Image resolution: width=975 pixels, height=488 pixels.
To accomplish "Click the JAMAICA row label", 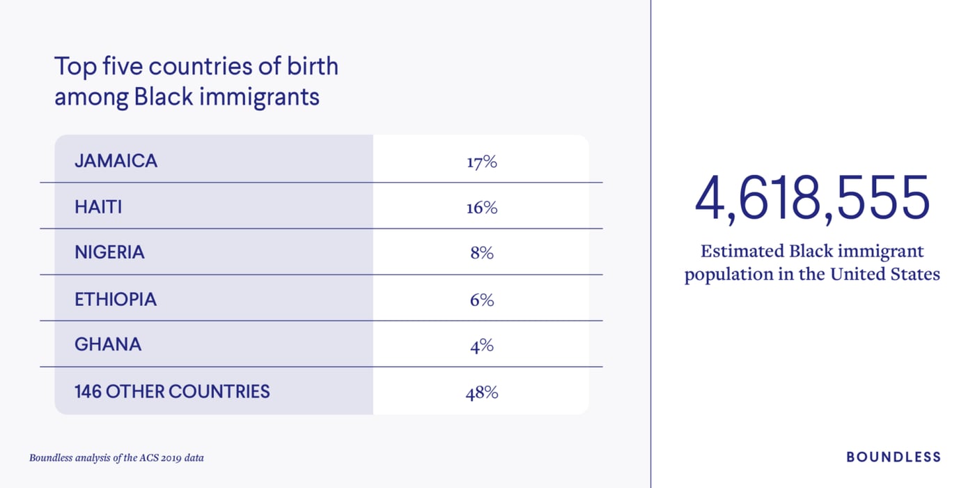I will point(116,161).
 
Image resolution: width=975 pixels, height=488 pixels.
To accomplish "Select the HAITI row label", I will point(98,207).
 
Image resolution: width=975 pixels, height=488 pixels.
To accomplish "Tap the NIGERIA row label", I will point(109,252).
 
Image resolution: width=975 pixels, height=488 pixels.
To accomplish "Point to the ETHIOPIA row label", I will point(116,299).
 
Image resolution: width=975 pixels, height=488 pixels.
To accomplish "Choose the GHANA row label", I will point(108,344).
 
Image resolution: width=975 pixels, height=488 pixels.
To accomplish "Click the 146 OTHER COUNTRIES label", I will point(172,391).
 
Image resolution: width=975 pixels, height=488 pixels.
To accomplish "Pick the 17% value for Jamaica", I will point(481,162).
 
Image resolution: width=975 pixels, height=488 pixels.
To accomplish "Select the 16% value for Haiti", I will point(481,208).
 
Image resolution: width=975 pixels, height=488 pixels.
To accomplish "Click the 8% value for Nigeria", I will point(481,253).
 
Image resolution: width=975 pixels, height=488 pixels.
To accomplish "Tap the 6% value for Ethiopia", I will point(481,300).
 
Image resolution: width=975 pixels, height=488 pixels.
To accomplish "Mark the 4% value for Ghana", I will point(481,345).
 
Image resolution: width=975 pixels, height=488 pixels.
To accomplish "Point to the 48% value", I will point(481,392).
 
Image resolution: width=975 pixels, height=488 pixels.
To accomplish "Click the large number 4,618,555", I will point(812,198).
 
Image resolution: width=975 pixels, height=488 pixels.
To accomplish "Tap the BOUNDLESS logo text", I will point(893,457).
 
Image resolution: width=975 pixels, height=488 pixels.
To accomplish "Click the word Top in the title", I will point(72,67).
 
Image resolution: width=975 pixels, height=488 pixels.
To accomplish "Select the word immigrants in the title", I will point(259,96).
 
